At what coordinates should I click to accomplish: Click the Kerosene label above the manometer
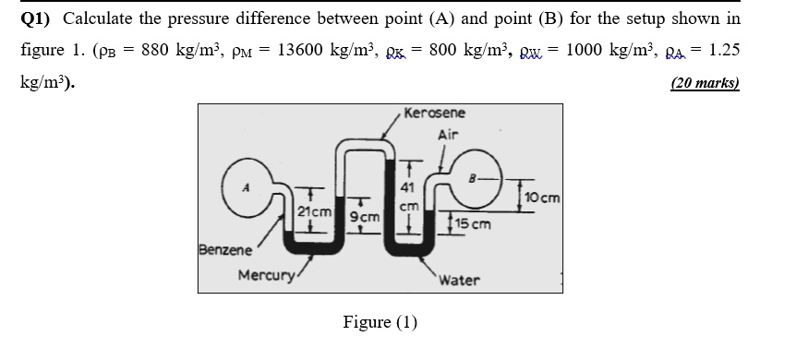pos(435,114)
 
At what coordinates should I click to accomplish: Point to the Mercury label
pos(266,275)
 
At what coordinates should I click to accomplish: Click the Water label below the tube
pos(459,279)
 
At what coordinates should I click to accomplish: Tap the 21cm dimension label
pos(315,212)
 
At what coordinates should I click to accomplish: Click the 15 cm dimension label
pos(474,223)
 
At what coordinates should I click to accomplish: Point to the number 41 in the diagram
pos(407,190)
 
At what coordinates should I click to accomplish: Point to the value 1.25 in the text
pos(726,50)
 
